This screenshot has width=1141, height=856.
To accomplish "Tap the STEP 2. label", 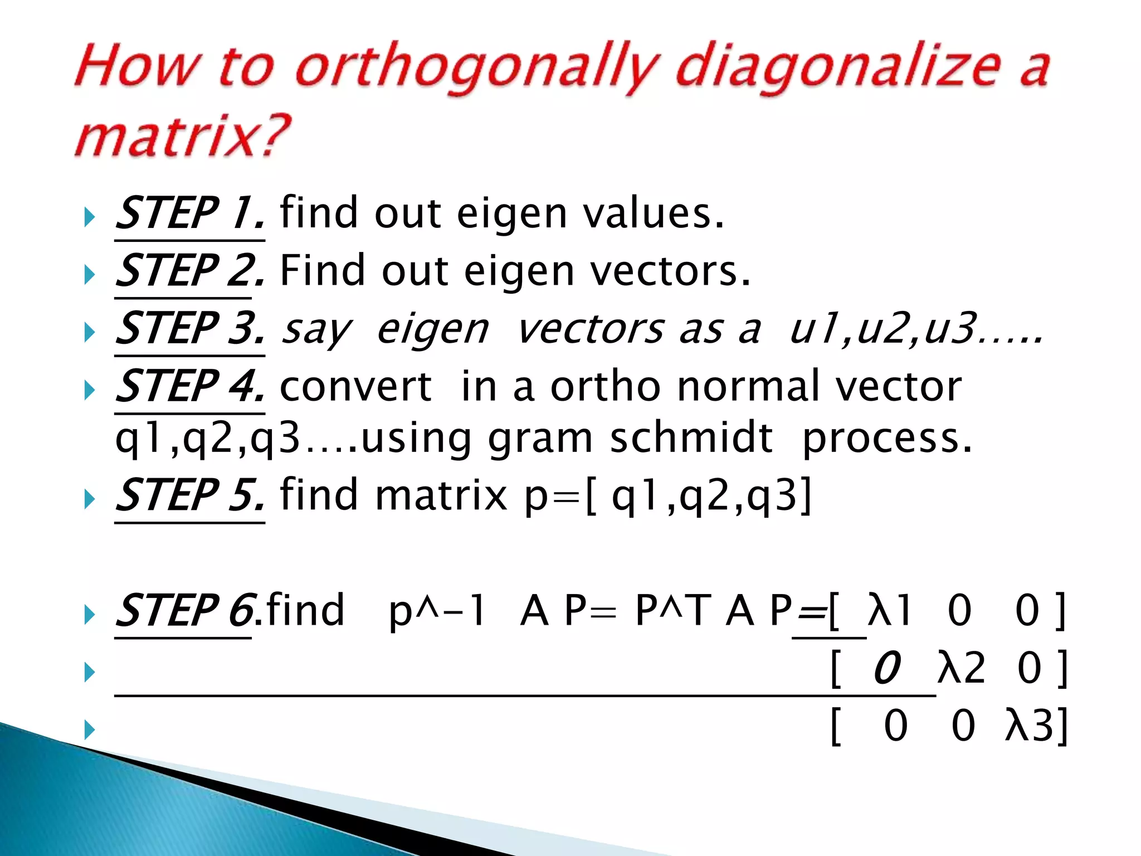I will pos(189,271).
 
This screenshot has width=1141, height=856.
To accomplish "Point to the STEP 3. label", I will pos(189,329).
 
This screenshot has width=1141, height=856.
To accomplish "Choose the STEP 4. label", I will pos(189,386).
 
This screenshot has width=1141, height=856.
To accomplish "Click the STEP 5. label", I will pos(189,495).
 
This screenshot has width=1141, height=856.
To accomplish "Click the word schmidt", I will pos(691,438).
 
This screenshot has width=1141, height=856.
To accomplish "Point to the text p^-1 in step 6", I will pos(437,612).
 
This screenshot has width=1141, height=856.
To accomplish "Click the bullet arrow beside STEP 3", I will pos(89,333).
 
